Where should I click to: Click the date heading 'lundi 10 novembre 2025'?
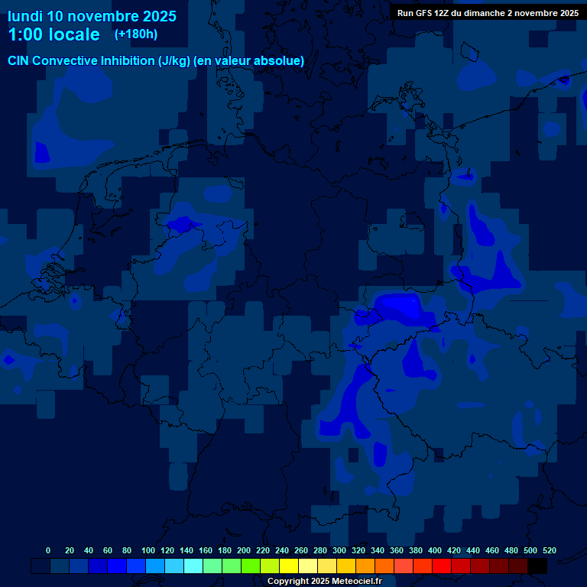[x=92, y=16]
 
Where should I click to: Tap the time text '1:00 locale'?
[x=54, y=34]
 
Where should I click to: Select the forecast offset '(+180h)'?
[x=135, y=34]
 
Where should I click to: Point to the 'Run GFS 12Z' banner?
[x=488, y=13]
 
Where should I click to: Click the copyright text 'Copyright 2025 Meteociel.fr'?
[x=325, y=581]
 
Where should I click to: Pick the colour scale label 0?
[x=48, y=550]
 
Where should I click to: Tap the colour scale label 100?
[x=148, y=550]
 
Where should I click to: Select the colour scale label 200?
[x=244, y=550]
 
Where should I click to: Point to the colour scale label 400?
[x=435, y=550]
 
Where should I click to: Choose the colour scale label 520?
[x=549, y=550]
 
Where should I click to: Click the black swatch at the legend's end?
[x=537, y=566]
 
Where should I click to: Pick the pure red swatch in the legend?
[x=442, y=566]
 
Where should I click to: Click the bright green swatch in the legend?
[x=251, y=566]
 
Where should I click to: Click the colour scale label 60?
[x=107, y=550]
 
